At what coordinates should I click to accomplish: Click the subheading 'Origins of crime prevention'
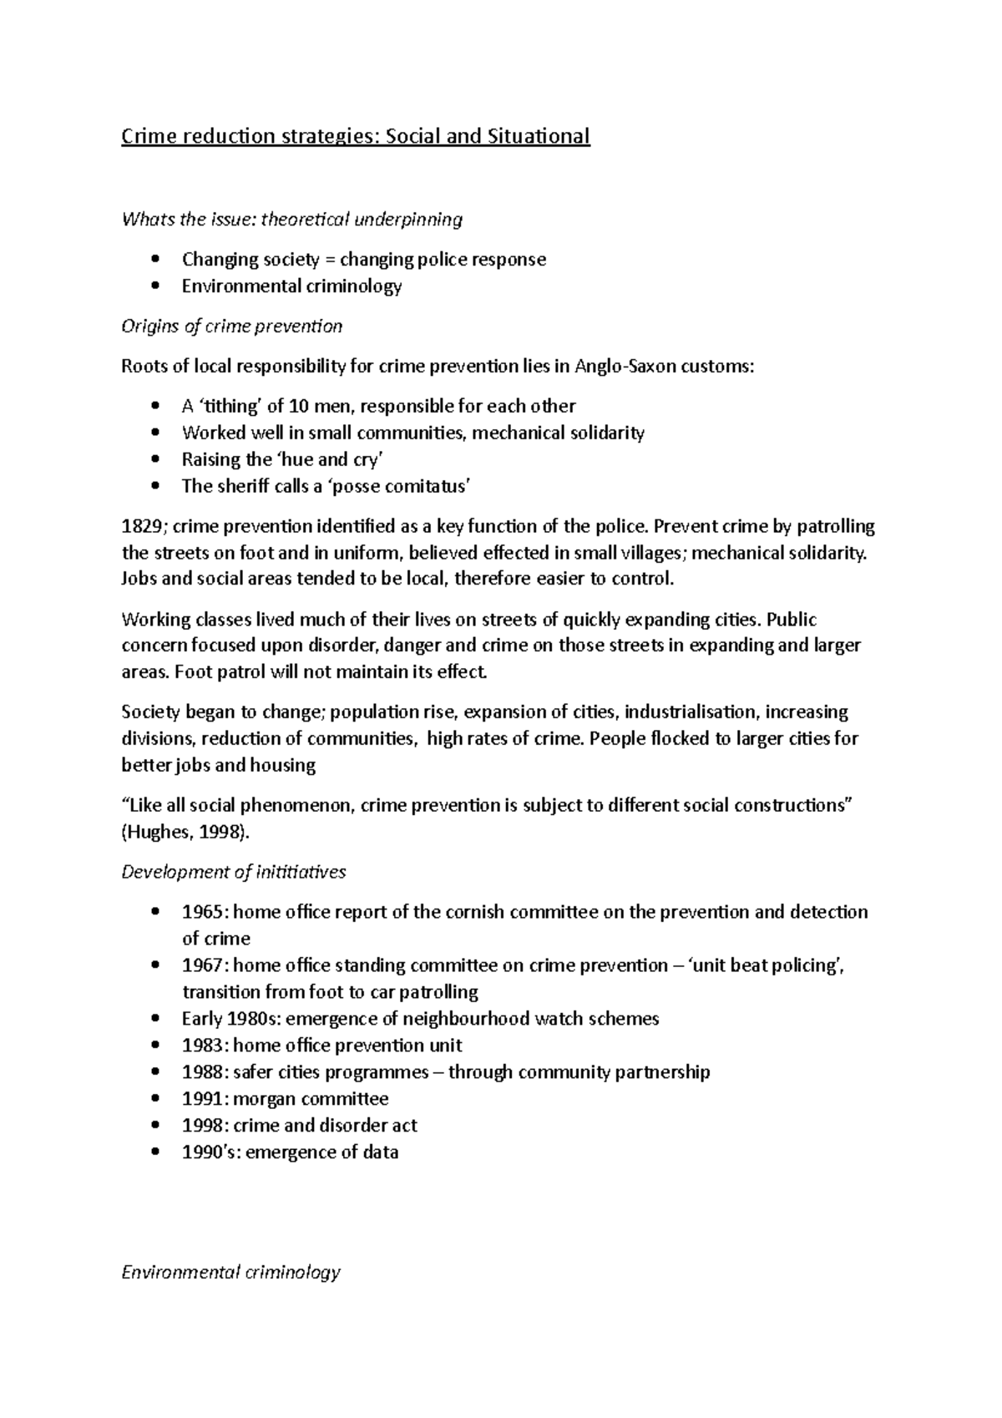coord(231,327)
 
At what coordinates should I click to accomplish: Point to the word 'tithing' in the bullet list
coord(230,407)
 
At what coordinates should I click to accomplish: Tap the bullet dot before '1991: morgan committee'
coord(155,1099)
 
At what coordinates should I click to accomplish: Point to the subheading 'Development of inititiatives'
coord(233,872)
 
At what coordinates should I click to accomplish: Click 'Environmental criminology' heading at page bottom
coord(230,1273)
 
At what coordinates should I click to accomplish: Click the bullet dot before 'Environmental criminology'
coord(155,286)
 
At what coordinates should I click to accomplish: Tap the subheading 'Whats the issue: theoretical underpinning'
coord(291,220)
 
